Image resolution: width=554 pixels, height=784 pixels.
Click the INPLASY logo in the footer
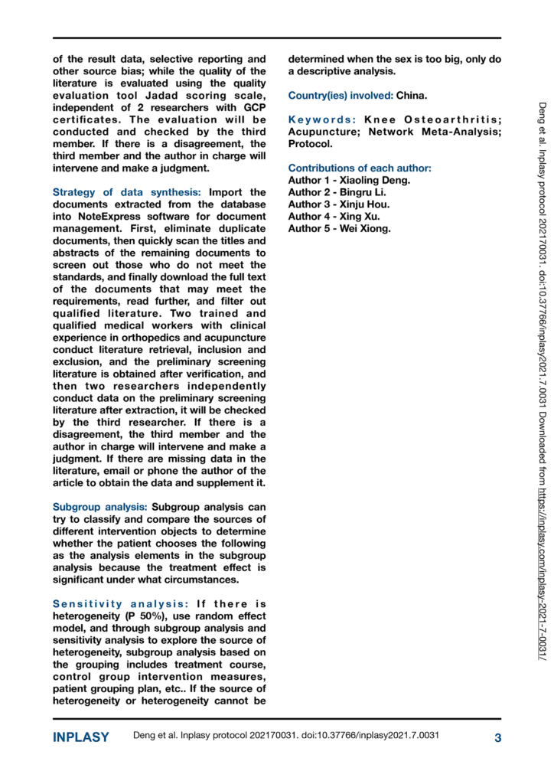(x=80, y=738)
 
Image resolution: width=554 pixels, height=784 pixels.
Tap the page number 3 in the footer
(x=497, y=738)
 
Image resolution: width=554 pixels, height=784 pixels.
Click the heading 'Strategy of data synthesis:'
(x=127, y=192)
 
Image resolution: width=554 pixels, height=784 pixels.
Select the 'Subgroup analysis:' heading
(x=100, y=485)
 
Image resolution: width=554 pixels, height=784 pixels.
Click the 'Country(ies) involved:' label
(x=340, y=96)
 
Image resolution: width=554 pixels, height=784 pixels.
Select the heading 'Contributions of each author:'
(x=360, y=168)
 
